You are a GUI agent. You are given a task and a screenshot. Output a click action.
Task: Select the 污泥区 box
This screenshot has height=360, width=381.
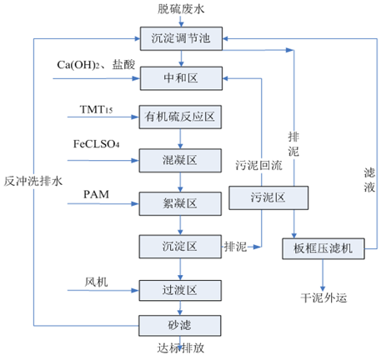269,199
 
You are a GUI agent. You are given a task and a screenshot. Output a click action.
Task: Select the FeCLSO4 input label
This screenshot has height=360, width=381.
97,146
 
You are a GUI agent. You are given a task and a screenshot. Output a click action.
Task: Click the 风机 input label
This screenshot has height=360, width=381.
96,281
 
